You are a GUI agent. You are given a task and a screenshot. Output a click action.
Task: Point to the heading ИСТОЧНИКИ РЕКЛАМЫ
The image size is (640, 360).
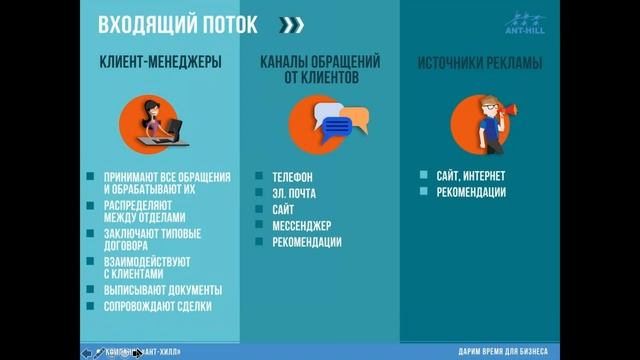480,63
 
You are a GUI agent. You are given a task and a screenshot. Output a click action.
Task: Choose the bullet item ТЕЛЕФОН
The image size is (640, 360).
291,174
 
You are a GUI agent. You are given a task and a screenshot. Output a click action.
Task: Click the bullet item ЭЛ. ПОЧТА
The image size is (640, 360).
295,192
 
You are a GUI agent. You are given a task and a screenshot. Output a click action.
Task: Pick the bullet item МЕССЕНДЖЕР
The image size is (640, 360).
301,225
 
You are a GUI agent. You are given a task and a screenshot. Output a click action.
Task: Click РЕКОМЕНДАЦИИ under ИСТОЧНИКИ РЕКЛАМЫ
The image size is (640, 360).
471,191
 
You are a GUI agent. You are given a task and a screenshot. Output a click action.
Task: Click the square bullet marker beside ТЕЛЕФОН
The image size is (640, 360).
259,174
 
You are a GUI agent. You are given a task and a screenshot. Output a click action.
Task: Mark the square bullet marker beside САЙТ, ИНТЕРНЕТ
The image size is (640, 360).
424,174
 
